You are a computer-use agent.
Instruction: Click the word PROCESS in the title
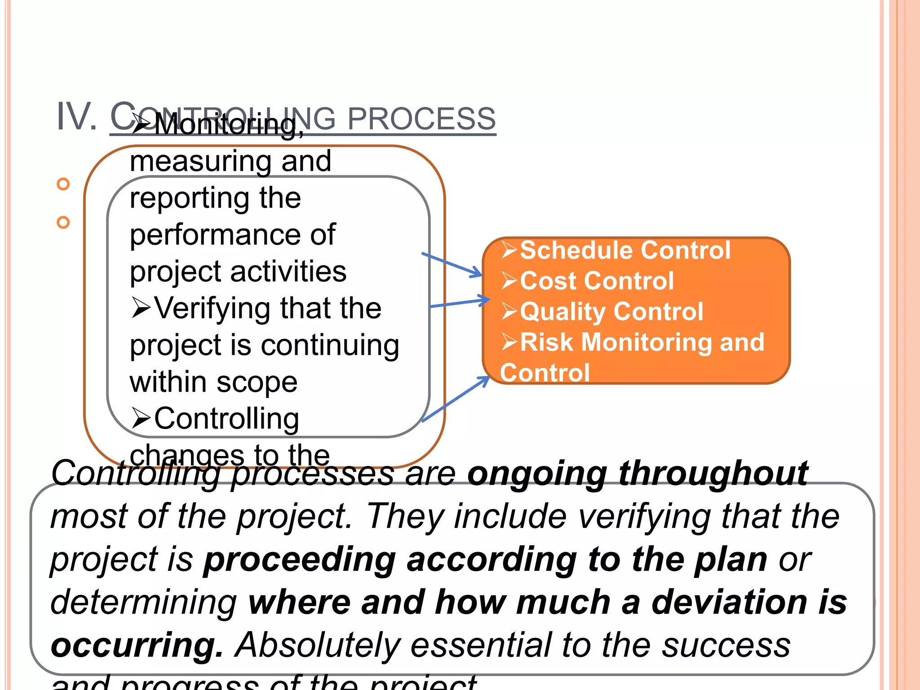tap(421, 119)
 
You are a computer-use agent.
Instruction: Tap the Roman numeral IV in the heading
tap(76, 117)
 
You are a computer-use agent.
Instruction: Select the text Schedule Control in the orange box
tap(625, 250)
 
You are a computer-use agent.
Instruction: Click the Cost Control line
tap(597, 281)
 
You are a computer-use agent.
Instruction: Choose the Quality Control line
tap(611, 312)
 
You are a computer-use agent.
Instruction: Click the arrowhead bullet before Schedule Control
tap(509, 250)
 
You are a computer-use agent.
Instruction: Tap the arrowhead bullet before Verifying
tap(141, 308)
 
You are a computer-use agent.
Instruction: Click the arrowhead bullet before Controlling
tap(141, 418)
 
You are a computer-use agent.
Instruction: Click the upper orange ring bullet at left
tap(63, 184)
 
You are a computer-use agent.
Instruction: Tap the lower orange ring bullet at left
tap(63, 222)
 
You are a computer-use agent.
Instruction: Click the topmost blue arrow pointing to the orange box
tap(451, 265)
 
